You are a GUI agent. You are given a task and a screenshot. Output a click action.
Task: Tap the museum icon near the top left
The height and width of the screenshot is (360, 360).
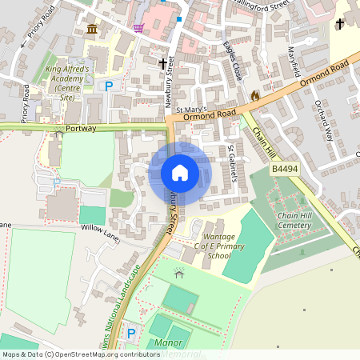92,30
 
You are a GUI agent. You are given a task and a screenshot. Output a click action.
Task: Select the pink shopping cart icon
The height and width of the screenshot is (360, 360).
139,28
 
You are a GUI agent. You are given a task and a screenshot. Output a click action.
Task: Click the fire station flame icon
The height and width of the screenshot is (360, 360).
254,96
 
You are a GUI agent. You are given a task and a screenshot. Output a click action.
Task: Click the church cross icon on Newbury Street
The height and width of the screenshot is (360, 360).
163,64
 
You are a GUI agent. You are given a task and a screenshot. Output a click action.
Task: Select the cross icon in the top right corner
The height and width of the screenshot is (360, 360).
339,24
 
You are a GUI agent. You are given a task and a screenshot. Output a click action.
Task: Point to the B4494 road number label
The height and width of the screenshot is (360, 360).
283,170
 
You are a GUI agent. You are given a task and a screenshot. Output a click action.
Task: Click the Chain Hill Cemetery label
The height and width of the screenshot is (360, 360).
293,221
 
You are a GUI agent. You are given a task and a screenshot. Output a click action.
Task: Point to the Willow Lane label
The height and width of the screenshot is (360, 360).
99,228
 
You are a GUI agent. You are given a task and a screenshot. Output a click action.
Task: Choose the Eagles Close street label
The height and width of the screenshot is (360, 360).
233,61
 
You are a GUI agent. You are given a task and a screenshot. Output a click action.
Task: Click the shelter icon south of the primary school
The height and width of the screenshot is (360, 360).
178,274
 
